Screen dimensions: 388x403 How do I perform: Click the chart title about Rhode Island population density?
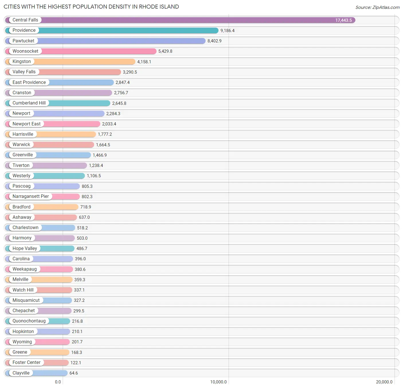(x=91, y=7)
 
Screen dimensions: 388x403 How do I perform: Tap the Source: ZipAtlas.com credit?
(x=377, y=7)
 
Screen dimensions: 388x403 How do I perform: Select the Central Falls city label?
(x=25, y=20)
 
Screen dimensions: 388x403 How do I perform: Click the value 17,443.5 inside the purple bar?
(x=343, y=20)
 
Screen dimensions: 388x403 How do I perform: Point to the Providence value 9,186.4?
(x=227, y=31)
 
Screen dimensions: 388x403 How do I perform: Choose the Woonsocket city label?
(x=25, y=51)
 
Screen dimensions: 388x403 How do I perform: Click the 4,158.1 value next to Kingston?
(x=144, y=62)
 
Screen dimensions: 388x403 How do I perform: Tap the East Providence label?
(x=29, y=82)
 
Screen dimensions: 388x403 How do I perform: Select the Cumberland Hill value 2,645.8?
(x=119, y=103)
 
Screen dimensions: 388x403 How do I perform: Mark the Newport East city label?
(x=26, y=124)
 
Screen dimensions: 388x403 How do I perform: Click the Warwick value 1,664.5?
(x=103, y=145)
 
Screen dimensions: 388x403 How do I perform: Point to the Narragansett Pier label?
(x=30, y=196)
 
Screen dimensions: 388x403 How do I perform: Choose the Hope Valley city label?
(x=25, y=249)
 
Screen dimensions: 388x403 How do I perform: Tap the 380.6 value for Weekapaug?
(x=80, y=269)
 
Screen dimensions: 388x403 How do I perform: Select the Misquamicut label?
(x=26, y=300)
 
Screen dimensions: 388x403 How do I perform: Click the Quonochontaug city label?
(x=29, y=321)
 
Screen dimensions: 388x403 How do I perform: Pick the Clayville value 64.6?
(x=74, y=373)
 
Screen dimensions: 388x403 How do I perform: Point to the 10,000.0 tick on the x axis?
(x=218, y=382)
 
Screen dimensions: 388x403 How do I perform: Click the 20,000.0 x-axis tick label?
(x=384, y=382)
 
